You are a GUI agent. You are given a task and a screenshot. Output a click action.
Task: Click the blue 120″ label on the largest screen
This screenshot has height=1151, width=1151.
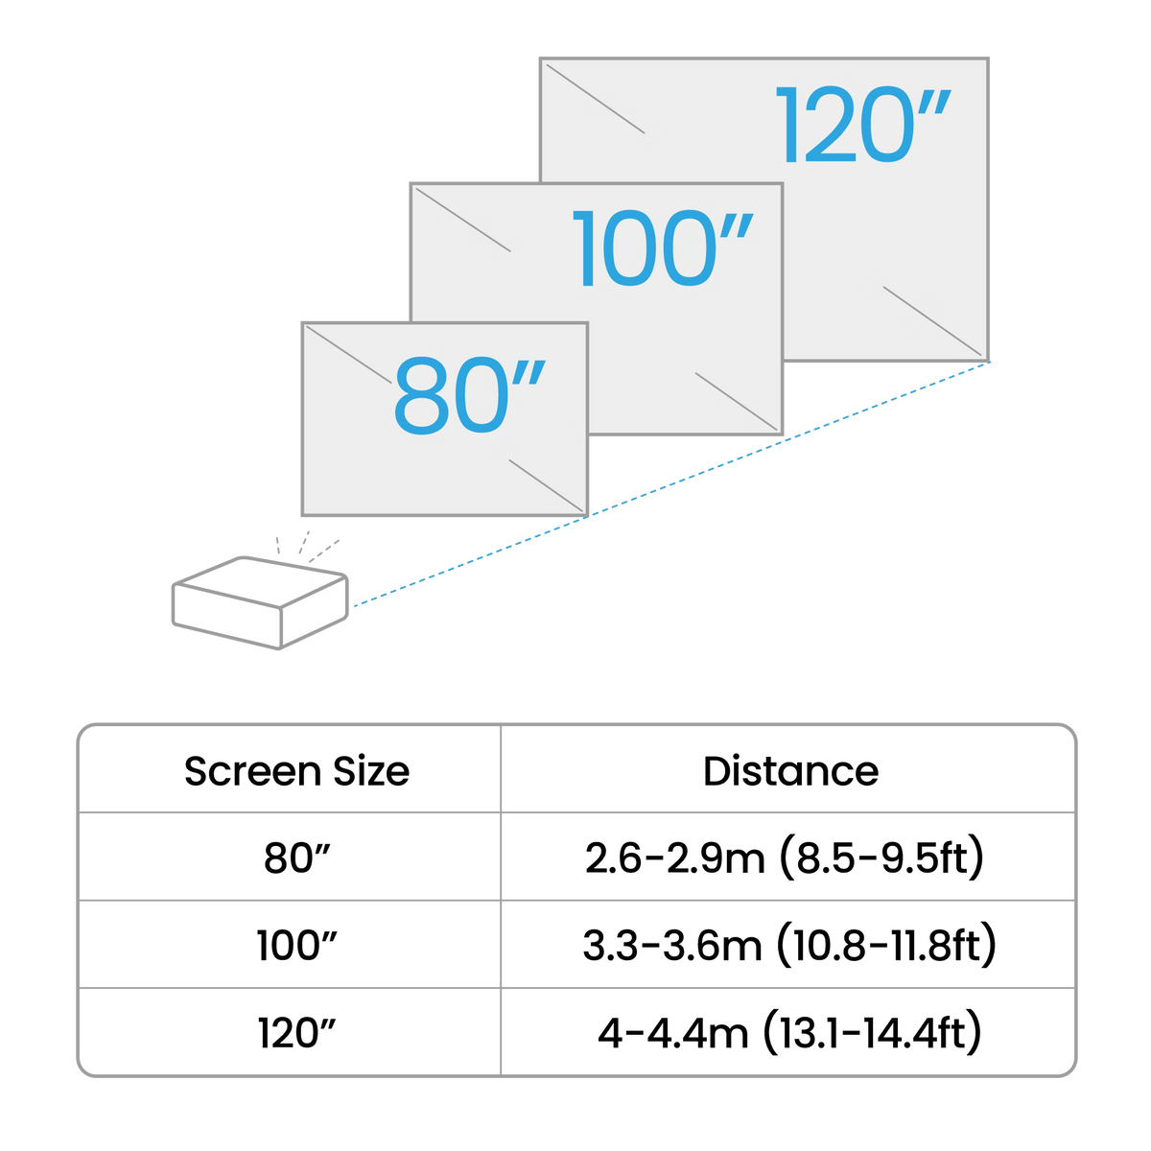[x=862, y=125]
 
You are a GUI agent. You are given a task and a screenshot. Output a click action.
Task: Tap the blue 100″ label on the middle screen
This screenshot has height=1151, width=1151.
[x=663, y=248]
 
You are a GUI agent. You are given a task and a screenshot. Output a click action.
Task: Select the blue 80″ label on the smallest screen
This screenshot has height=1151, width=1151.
[x=469, y=395]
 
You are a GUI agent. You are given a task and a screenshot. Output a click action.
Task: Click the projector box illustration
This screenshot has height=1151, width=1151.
[x=260, y=602]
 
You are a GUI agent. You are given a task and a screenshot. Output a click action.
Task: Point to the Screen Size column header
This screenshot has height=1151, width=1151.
[x=296, y=771]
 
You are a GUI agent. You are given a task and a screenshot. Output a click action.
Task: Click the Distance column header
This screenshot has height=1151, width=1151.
[x=790, y=771]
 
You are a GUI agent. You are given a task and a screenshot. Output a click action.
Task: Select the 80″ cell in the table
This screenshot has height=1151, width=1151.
[x=296, y=858]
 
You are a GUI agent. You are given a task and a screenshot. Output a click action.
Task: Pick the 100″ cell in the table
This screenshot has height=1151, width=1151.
[x=296, y=946]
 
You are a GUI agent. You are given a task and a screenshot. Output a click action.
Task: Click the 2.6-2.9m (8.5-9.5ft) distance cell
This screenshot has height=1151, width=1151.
[x=785, y=858]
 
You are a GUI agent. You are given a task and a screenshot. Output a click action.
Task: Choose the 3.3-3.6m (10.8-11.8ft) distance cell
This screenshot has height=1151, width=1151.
[x=789, y=946]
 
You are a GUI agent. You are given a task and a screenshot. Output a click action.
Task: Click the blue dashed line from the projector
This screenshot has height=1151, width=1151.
[x=671, y=484]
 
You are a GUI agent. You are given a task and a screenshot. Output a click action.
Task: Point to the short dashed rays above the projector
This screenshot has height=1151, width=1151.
[x=307, y=546]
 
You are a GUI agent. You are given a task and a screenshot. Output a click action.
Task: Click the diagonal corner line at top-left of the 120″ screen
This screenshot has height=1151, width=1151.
[x=595, y=99]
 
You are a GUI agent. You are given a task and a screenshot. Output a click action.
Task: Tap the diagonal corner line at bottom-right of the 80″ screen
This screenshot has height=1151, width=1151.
[x=546, y=485]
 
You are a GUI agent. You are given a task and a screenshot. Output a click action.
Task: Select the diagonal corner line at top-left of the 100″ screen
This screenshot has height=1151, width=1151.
[x=463, y=220]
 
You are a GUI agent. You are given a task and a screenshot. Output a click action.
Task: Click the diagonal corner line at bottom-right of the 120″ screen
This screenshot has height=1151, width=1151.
[x=931, y=320]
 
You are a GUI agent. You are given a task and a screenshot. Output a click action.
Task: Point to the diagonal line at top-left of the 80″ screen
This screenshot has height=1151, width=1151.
[x=349, y=354]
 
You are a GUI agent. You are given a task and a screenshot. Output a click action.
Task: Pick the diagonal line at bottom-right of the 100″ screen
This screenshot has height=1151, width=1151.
[x=737, y=401]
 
